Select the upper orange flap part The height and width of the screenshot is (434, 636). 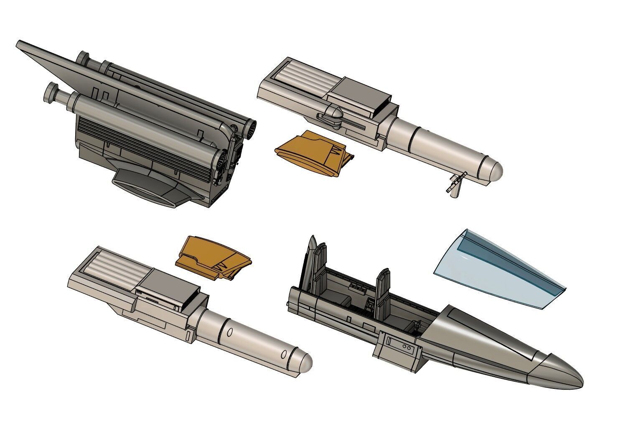[311, 153]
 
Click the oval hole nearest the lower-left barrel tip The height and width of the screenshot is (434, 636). [284, 355]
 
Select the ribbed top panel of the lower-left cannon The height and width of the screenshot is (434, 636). [111, 263]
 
